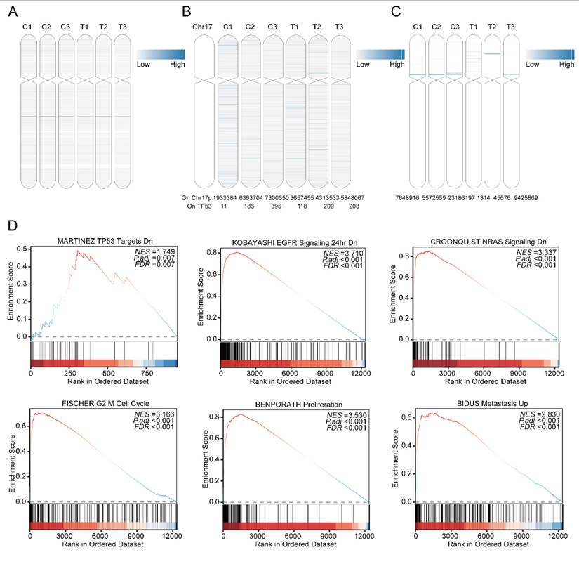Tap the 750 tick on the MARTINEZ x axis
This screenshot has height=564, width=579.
point(147,374)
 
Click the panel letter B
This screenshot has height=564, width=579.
point(185,11)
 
